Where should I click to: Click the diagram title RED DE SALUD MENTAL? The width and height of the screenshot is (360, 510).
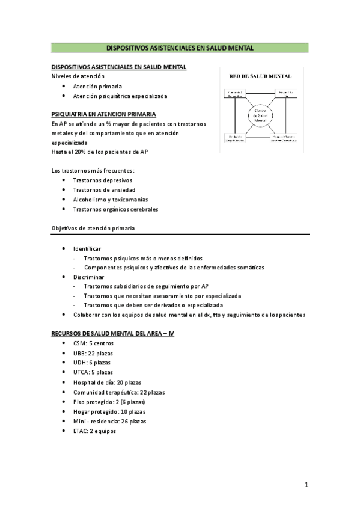[x=260, y=76]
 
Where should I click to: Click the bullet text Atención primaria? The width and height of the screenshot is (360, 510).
[x=97, y=86]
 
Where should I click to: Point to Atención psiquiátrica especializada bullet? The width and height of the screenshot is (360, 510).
[x=120, y=96]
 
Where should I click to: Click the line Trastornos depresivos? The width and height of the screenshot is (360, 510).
[x=102, y=180]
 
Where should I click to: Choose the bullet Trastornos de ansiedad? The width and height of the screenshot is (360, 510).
[x=100, y=190]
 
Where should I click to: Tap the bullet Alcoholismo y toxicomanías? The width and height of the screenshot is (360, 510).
[x=110, y=200]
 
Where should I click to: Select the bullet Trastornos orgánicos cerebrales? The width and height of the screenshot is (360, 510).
[x=115, y=209]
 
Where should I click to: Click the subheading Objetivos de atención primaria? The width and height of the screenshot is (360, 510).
[x=93, y=229]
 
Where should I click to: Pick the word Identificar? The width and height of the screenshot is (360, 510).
[x=87, y=248]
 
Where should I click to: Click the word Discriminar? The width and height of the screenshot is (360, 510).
[x=88, y=277]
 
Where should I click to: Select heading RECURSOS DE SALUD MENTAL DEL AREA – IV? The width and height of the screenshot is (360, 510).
[x=113, y=334]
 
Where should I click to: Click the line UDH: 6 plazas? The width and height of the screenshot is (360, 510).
[x=91, y=363]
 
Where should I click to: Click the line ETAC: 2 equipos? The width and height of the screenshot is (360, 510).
[x=94, y=431]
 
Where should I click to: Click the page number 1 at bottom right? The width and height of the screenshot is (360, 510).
[x=307, y=484]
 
